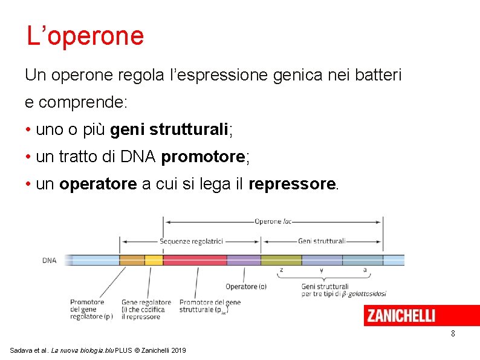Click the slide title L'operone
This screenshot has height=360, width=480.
85,36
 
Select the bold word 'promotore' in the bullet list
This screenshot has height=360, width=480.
203,157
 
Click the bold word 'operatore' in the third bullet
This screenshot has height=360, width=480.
98,184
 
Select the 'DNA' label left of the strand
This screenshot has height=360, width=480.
49,261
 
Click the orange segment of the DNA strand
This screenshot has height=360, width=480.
132,260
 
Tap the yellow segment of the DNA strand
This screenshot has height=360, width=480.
154,260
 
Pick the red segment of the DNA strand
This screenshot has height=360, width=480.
195,260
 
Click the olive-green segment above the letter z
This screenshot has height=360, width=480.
281,260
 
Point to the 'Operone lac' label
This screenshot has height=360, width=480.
273,221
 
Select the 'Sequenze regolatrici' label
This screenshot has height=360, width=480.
192,241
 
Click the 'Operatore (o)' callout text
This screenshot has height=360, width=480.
245,286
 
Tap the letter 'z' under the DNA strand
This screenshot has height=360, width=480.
281,270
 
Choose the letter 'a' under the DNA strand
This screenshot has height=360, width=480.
365,270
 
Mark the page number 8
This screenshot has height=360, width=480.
453,334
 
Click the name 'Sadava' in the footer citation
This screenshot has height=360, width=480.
22,351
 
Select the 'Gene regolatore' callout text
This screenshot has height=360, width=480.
146,302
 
